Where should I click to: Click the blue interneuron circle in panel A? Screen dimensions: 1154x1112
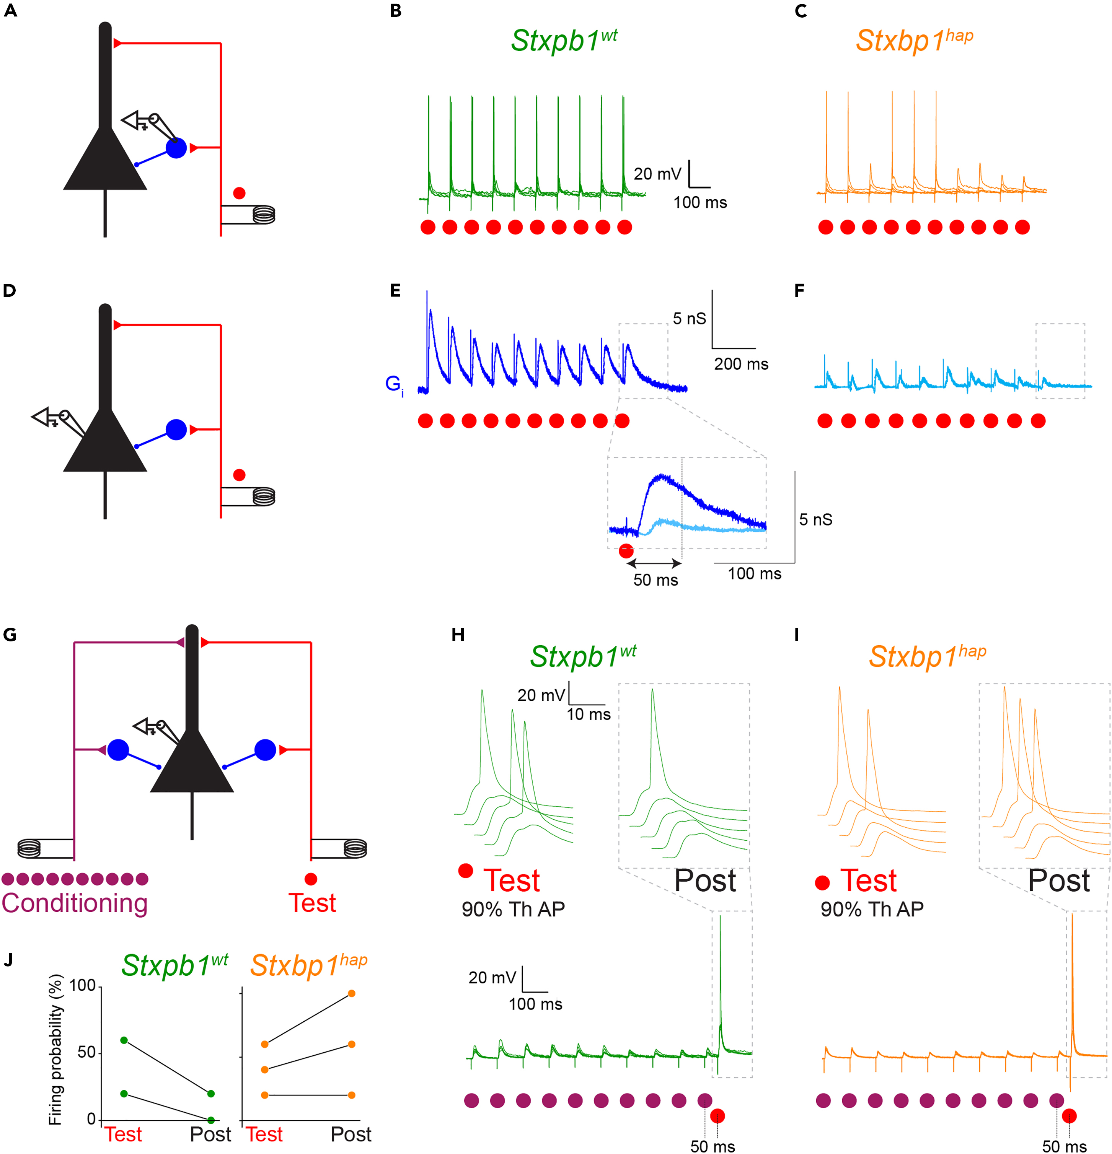176,148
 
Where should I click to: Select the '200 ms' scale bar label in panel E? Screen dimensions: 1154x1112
741,364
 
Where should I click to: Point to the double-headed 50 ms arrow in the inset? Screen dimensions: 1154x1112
654,563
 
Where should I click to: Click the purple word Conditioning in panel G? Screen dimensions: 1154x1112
74,903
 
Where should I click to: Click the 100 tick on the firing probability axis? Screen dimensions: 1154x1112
82,986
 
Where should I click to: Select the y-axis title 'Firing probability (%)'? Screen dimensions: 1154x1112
55,1050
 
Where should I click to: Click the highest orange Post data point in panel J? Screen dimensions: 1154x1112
352,993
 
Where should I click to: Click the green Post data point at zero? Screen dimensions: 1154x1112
211,1120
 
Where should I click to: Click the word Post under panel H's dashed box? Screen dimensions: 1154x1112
704,881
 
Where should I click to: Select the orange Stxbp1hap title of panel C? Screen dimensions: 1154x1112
914,40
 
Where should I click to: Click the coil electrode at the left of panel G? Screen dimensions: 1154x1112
29,848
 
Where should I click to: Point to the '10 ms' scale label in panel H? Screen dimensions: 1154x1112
589,715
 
